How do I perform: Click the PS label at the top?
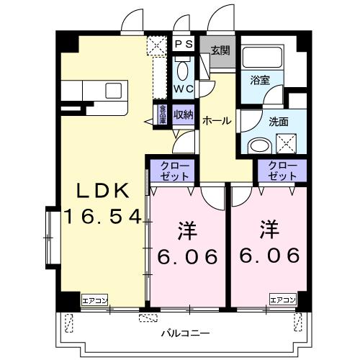[184, 45]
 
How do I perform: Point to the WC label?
[183, 89]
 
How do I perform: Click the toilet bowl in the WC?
[183, 71]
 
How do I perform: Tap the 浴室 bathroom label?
[260, 81]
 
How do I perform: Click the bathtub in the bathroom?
[262, 58]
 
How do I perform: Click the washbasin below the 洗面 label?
[258, 145]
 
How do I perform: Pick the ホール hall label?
[217, 121]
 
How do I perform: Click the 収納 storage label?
[183, 115]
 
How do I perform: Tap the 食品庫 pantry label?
[163, 115]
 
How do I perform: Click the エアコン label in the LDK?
[94, 300]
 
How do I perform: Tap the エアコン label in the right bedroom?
[283, 300]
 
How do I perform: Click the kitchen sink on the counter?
[114, 90]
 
